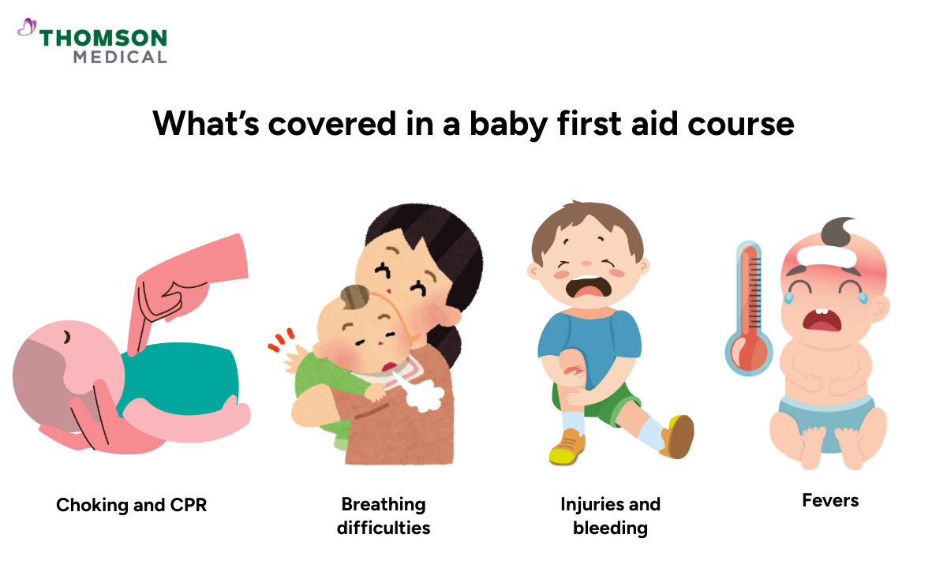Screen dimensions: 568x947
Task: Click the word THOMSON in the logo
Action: (103, 38)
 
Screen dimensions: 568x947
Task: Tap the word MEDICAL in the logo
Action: (120, 57)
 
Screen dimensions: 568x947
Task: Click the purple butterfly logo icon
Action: (27, 28)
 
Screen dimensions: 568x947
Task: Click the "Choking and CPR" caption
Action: (131, 505)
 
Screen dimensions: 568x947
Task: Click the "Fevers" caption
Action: (830, 500)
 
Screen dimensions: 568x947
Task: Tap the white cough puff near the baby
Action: (427, 398)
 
